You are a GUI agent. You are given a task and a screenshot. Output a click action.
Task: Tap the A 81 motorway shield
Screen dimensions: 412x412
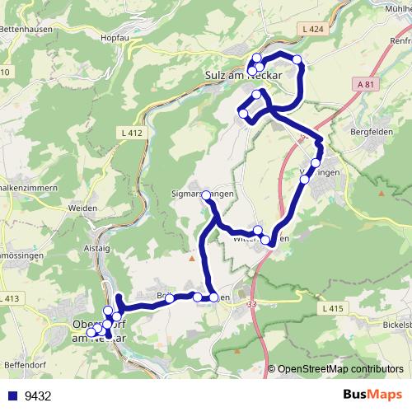(x=368, y=83)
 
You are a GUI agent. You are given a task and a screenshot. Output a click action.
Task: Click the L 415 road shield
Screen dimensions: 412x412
(x=330, y=307)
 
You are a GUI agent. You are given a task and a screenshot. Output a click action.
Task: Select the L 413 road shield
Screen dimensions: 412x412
(x=10, y=298)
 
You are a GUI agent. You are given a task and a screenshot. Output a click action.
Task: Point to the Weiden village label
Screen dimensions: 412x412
(x=83, y=210)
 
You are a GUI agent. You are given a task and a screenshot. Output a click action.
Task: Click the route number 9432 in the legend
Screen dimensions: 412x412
(x=38, y=396)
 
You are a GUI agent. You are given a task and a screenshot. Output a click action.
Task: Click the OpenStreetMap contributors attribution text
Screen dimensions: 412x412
(x=340, y=369)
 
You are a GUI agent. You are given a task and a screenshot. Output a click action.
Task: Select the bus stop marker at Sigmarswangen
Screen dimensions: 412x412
(x=206, y=194)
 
